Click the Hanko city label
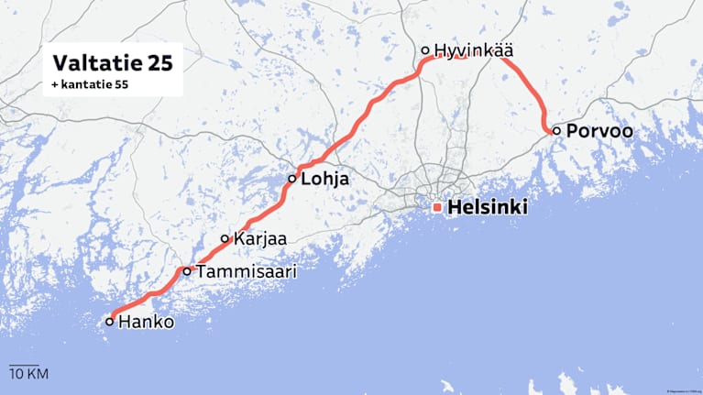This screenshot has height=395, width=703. point(147,323)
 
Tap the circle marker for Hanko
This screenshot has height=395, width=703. point(110,322)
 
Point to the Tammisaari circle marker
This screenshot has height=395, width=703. point(187,271)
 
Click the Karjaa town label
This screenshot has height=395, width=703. point(260,239)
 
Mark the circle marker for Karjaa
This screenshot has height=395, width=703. point(225,239)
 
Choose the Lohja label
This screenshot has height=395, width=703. point(325,180)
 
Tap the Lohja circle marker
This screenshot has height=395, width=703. point(292,179)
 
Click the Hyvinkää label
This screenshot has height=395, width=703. point(473,50)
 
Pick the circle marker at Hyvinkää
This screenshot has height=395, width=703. point(425,50)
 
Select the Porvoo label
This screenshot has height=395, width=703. point(599,131)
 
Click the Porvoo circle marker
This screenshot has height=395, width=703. point(556,130)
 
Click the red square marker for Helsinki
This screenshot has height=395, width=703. point(437,208)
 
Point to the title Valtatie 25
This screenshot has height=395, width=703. point(112,63)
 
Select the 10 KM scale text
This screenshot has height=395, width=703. point(28,374)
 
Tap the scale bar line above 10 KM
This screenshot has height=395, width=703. point(23,364)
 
